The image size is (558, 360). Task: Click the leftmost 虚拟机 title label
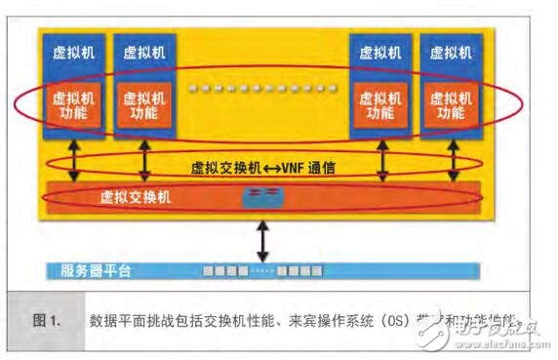pos(73,54)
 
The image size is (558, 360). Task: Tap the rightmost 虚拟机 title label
pos(450,54)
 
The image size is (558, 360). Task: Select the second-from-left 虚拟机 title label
pos(143,54)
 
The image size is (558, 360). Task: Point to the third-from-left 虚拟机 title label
pos(379,54)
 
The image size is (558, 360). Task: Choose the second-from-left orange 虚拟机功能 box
pos(143,106)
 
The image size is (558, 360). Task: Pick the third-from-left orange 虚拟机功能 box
pos(379,106)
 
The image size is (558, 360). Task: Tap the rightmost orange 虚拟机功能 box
pos(450,106)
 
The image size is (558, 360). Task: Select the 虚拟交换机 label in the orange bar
pos(136,196)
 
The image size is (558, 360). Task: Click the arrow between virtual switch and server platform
pos(261,237)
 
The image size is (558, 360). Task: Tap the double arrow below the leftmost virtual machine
pos(74,162)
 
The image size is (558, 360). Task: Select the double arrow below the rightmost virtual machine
pos(452,162)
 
